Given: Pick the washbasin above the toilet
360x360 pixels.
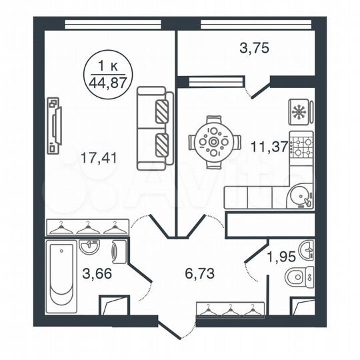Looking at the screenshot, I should [307, 249].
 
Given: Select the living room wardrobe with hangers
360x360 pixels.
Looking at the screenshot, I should [87, 227].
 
